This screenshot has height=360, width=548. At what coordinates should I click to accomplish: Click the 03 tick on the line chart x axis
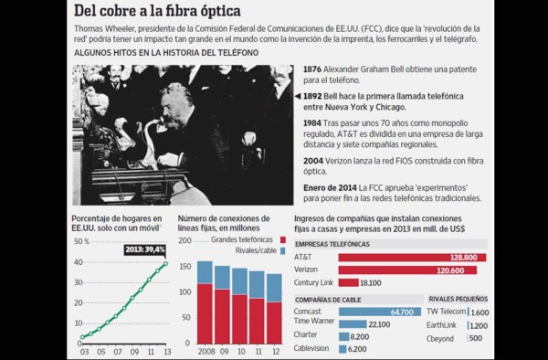point(84,350)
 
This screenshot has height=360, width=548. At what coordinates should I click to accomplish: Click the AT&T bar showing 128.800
point(412,258)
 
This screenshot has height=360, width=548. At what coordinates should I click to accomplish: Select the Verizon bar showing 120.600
point(407,270)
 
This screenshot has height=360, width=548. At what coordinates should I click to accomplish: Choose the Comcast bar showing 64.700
point(375,312)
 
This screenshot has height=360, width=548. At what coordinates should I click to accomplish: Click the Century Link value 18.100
point(373,283)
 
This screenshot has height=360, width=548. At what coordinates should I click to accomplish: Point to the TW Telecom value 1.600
point(480,312)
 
